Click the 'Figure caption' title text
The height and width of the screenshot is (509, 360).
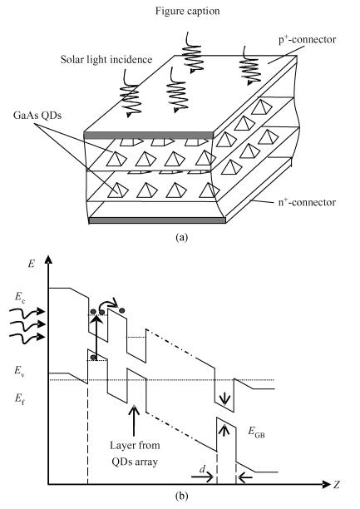(187, 11)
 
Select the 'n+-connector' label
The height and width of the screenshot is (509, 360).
(307, 202)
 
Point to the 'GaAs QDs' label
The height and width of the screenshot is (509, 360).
(37, 116)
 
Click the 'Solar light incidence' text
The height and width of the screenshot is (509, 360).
(106, 59)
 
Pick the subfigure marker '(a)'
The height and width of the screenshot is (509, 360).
(181, 237)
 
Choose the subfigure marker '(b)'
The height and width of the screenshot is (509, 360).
(181, 496)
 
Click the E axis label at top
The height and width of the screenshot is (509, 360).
(31, 264)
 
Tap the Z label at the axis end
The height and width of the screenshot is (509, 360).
(337, 485)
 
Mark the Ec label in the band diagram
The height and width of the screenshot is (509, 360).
(20, 297)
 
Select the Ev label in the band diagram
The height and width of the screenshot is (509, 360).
(20, 370)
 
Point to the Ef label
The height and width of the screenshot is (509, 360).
(19, 398)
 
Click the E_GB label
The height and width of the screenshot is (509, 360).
(256, 432)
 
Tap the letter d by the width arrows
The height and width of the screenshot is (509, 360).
(202, 469)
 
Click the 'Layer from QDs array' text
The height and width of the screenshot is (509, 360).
(135, 452)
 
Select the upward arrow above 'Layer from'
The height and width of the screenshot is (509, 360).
(134, 420)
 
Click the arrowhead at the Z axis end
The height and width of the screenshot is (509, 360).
(326, 485)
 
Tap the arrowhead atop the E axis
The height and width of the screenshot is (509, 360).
(48, 259)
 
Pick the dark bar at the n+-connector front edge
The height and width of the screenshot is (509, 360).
(157, 220)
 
